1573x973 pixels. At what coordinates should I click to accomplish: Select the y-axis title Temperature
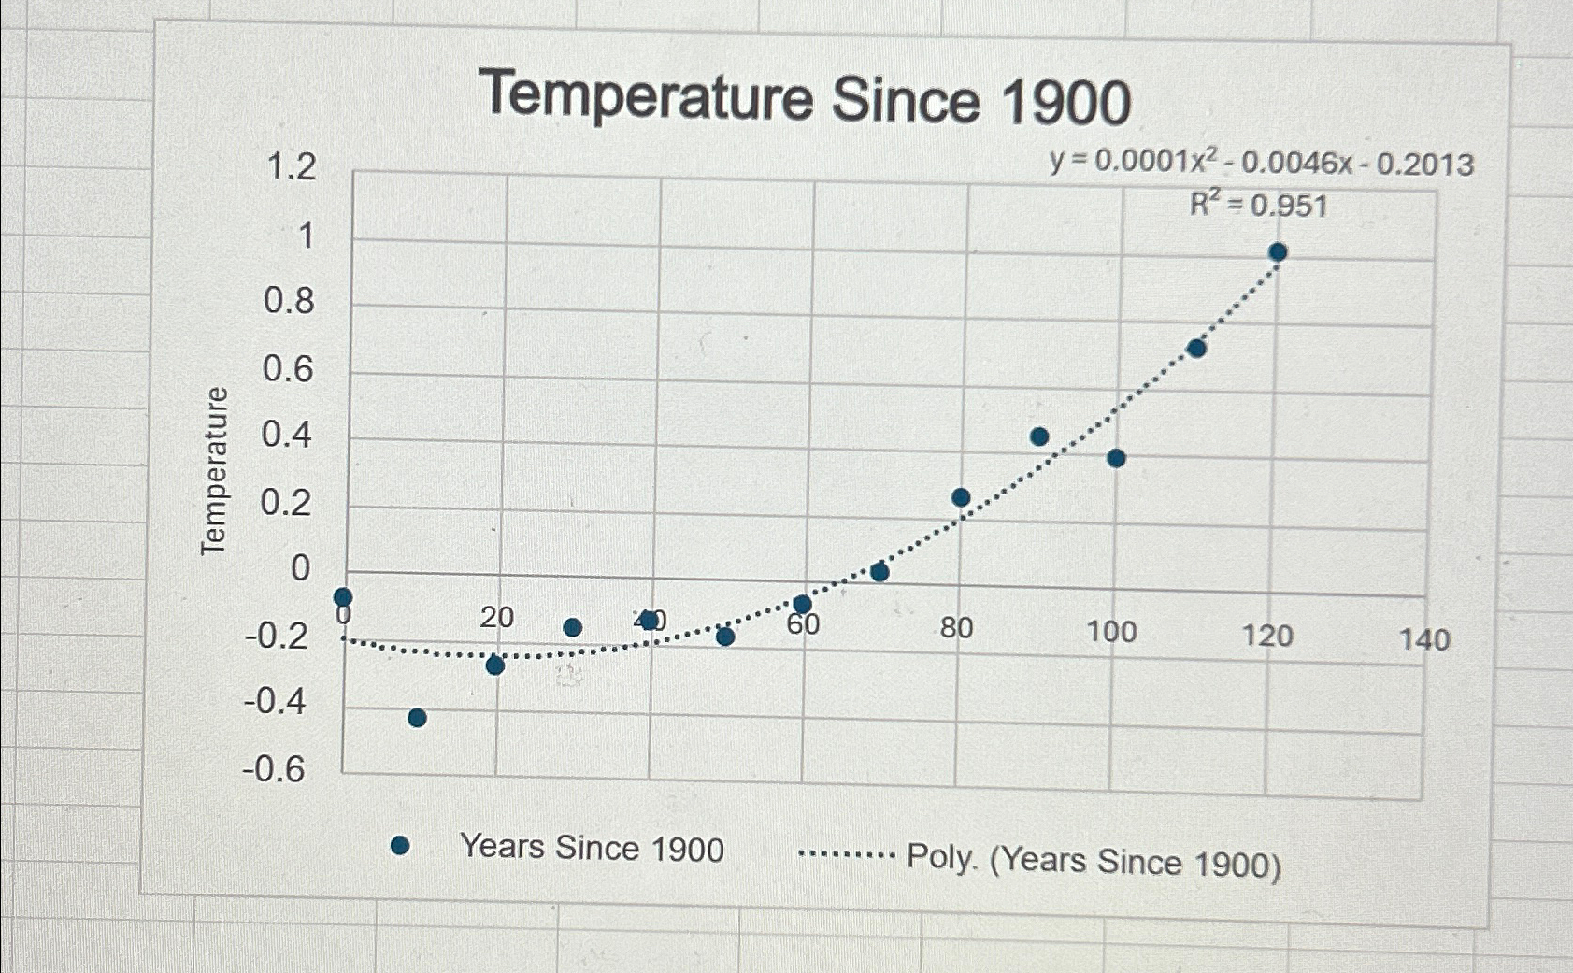214,470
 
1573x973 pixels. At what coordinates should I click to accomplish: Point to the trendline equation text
1261,164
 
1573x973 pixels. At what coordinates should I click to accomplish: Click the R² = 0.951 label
1258,205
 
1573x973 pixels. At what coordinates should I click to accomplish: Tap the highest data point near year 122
1278,251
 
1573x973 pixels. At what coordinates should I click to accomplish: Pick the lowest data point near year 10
417,718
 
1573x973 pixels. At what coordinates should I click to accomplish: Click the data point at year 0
343,596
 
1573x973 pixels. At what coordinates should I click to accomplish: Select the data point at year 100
1115,458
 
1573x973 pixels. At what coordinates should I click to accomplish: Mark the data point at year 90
1038,436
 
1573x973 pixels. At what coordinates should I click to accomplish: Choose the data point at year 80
961,497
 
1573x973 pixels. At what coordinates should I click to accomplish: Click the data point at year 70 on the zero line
879,572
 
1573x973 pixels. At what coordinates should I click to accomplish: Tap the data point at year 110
1196,349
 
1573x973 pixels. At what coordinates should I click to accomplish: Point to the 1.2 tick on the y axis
292,168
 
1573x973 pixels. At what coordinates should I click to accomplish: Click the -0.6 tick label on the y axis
275,769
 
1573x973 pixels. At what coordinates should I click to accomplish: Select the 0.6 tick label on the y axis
288,369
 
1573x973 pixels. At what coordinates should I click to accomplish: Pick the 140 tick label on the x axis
1424,640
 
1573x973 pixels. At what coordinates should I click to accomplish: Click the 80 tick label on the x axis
956,628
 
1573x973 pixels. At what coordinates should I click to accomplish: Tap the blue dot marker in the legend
400,846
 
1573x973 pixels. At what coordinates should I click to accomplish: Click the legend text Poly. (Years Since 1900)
1094,861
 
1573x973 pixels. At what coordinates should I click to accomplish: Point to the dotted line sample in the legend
847,854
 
